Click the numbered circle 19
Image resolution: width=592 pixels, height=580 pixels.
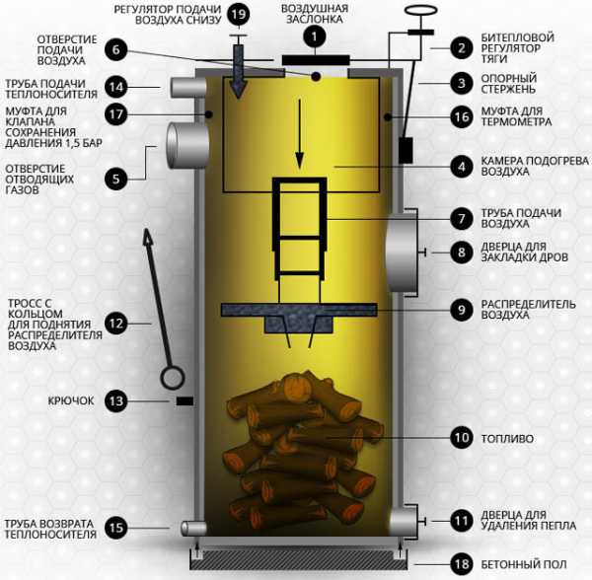(238, 15)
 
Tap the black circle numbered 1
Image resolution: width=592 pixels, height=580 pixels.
(315, 36)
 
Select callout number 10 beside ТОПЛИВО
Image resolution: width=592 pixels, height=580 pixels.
(462, 438)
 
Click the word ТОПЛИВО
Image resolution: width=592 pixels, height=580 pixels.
(507, 439)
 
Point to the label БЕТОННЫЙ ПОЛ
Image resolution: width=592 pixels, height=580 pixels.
(523, 564)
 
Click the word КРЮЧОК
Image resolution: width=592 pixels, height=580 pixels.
(71, 400)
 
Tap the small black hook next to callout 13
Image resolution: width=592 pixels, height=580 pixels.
(185, 400)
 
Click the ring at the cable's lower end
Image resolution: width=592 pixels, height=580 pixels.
(173, 378)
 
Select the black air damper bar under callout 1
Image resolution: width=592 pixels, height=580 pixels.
(316, 60)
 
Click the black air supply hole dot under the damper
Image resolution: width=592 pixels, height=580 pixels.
(316, 77)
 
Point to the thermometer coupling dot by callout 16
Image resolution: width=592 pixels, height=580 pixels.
(388, 117)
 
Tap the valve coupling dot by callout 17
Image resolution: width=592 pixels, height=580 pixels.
(209, 114)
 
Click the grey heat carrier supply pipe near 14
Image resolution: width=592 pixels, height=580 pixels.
(188, 88)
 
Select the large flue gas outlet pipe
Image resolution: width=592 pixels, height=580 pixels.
(187, 145)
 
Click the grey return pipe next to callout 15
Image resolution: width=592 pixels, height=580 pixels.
(193, 528)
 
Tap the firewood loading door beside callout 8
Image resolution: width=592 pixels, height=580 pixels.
(402, 253)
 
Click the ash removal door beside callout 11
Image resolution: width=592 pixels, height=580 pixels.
(404, 521)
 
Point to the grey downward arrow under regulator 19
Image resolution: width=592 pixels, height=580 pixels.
(239, 72)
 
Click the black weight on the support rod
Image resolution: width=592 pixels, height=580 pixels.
(407, 150)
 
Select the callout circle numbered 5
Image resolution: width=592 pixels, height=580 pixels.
(115, 179)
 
